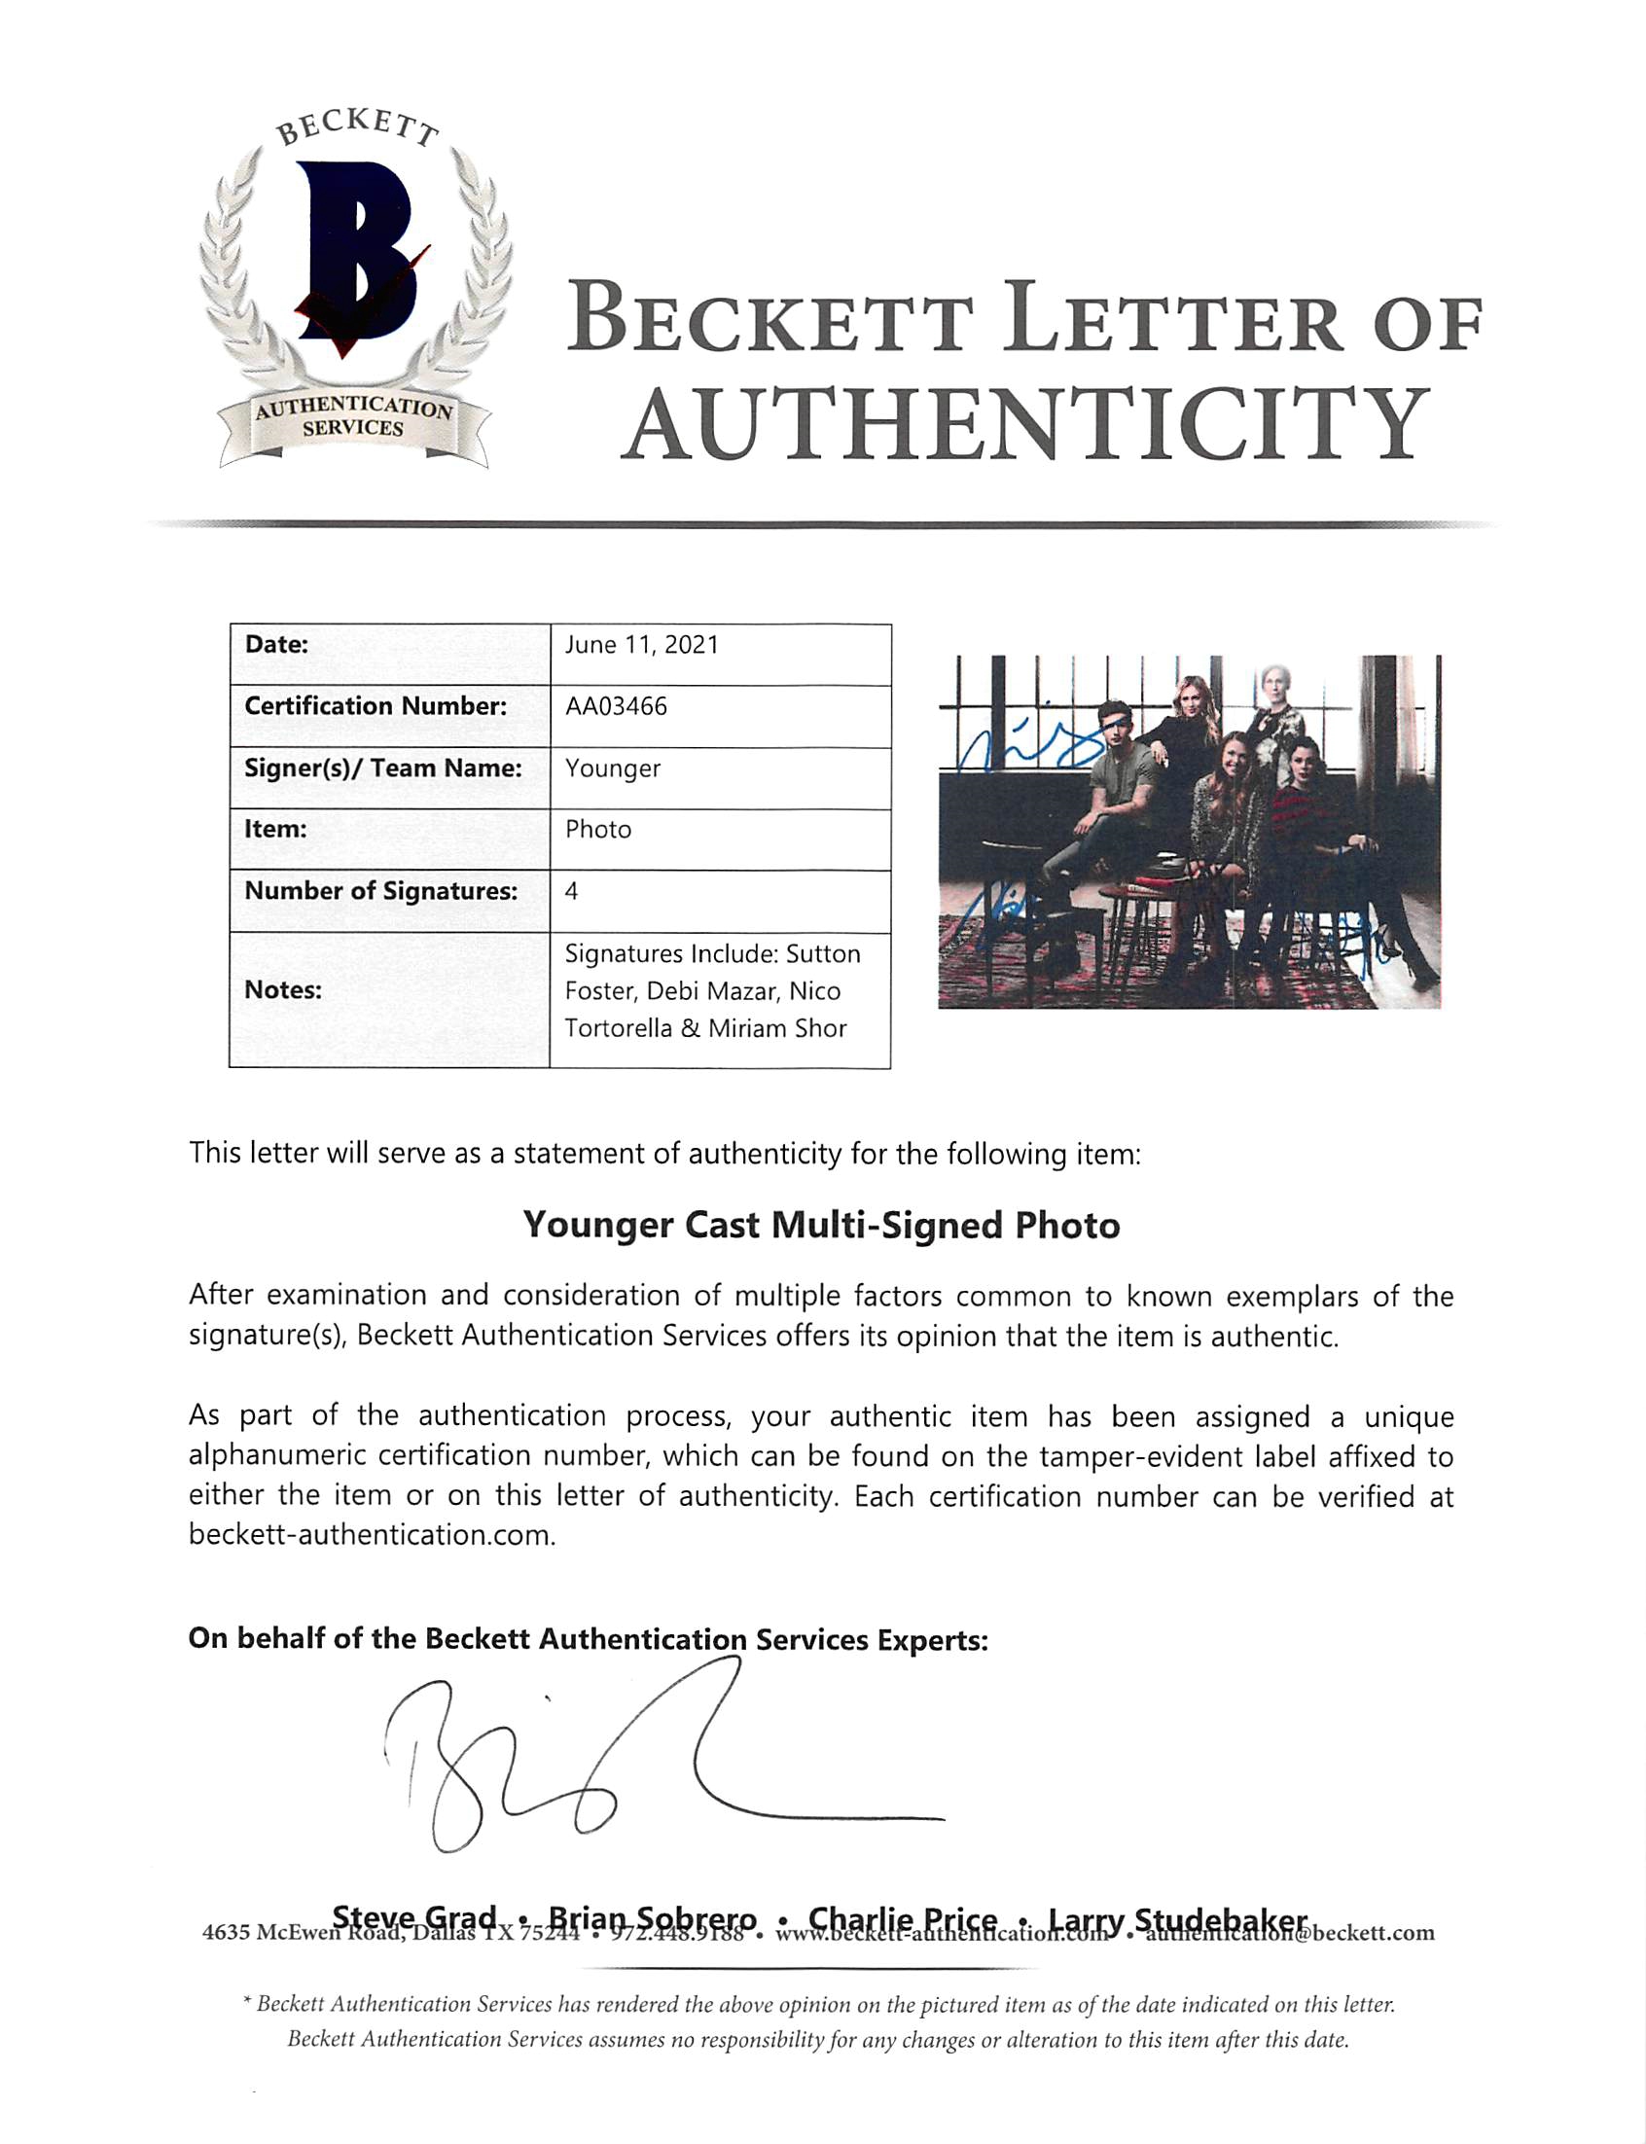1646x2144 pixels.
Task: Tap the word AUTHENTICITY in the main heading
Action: (1023, 423)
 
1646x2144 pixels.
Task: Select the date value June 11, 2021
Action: (642, 645)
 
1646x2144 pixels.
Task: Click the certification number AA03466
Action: (615, 706)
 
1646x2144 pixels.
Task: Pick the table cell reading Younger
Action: (612, 768)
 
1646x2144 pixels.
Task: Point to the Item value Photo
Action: (597, 830)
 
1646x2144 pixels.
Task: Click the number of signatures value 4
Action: (571, 890)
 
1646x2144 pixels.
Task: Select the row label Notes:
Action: (283, 989)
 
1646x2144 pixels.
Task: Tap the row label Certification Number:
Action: (376, 706)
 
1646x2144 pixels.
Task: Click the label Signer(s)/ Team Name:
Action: (383, 768)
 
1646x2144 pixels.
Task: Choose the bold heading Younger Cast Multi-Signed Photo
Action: (821, 1226)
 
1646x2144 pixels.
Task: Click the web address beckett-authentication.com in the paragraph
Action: (372, 1535)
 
